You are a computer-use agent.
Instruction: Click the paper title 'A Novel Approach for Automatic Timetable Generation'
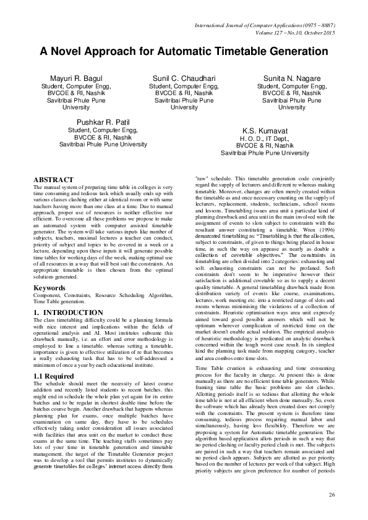coord(184,51)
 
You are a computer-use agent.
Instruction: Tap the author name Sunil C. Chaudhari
coord(184,79)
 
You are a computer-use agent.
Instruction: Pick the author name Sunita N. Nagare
coord(292,79)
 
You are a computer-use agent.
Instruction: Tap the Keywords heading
coord(51,288)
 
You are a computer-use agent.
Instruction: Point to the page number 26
coord(332,495)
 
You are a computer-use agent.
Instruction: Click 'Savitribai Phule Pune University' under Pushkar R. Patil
coord(103,144)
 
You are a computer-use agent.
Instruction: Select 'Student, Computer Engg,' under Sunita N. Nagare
coord(292,87)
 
